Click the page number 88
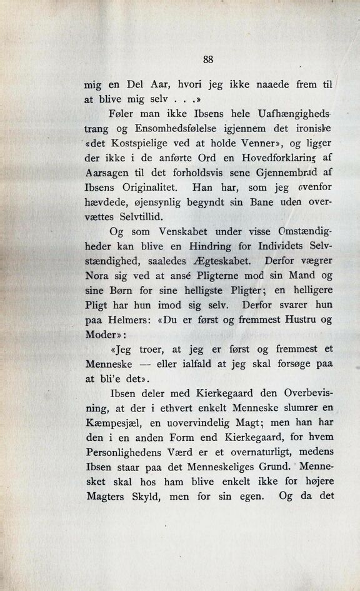pos(209,60)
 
